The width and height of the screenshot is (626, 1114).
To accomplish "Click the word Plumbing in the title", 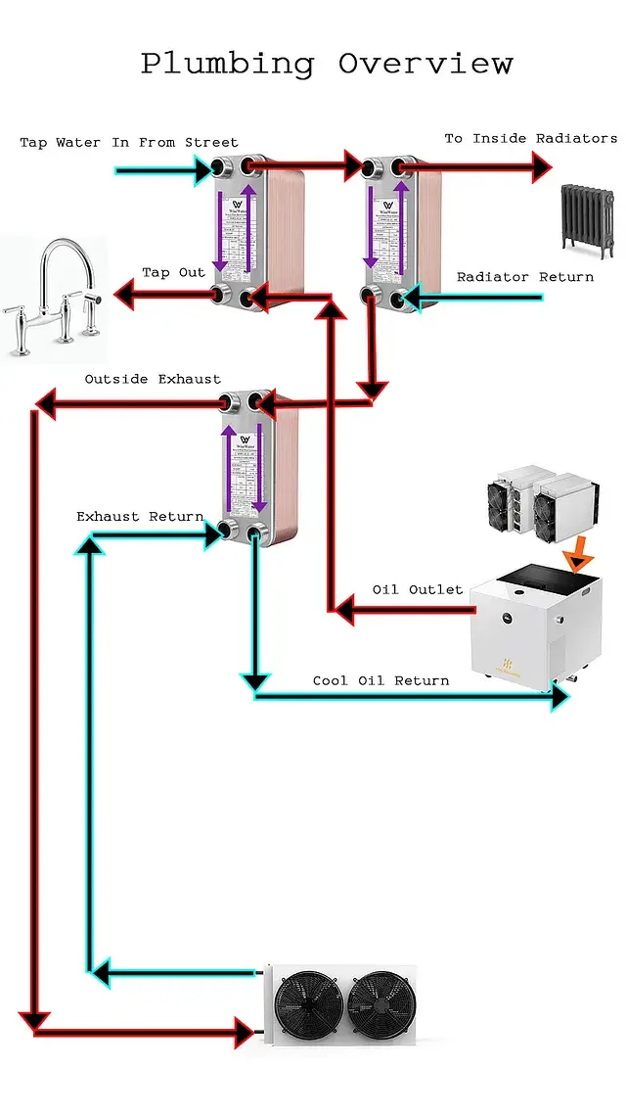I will click(x=228, y=65).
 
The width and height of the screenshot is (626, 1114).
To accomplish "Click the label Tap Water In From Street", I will click(x=129, y=143).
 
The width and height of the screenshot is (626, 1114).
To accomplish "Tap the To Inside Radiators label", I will click(x=531, y=139).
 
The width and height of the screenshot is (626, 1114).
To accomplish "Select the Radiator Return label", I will click(x=525, y=277).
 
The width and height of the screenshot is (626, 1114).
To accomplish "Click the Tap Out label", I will click(x=174, y=272).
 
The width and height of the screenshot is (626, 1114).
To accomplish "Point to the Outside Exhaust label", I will click(x=153, y=379).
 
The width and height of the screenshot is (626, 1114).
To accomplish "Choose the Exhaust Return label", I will click(x=140, y=516).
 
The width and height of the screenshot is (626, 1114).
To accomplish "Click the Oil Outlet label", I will click(x=418, y=589).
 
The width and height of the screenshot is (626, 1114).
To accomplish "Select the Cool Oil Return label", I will click(x=381, y=680).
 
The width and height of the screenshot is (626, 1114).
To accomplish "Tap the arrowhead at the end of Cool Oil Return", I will click(x=560, y=696).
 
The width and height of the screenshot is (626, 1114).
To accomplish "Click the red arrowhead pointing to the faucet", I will click(x=124, y=292).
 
